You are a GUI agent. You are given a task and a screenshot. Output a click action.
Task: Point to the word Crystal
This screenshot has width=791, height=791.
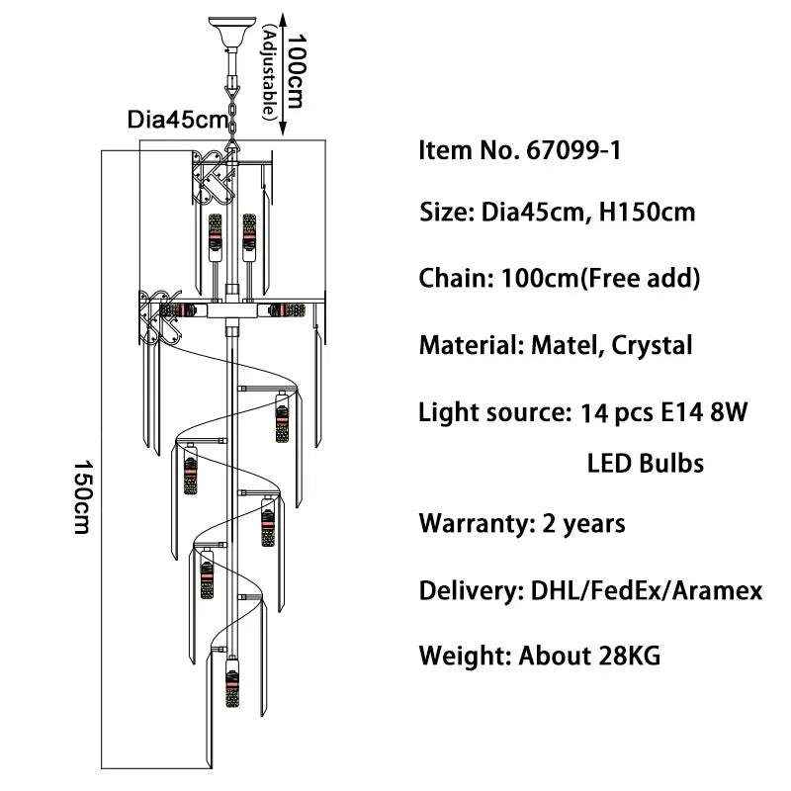coord(652,345)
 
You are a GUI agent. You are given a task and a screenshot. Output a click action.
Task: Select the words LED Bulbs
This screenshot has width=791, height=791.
coord(646,463)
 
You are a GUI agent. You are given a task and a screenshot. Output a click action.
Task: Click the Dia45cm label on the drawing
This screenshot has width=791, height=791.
coord(176,120)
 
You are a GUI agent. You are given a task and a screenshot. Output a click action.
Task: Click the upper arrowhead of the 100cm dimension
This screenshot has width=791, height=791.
coord(285,17)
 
